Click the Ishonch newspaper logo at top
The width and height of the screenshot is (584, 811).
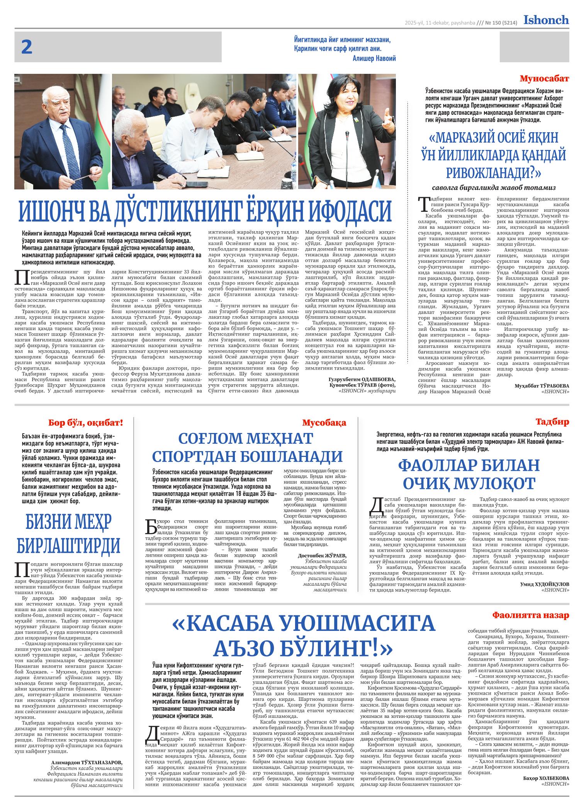coord(546,20)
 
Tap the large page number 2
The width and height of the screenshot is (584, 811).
coord(27,48)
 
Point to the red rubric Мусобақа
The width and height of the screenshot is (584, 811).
coord(324,423)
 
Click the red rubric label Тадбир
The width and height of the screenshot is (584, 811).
coord(552,422)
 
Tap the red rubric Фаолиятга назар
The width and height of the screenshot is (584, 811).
coord(530,615)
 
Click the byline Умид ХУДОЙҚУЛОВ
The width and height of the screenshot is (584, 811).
coord(545,584)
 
